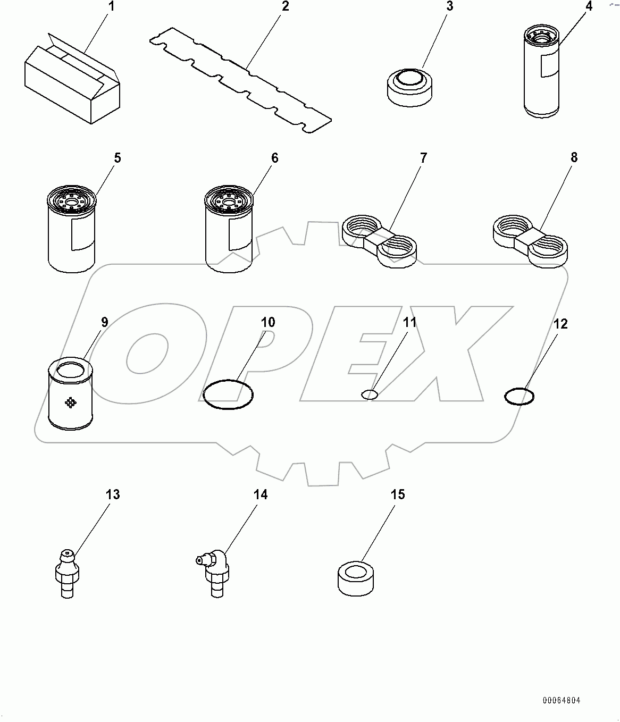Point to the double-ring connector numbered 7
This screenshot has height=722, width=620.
pos(379,241)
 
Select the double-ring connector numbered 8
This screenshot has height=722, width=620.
pos(530,241)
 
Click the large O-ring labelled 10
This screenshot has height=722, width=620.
pos(228,395)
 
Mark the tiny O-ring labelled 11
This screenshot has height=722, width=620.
pos(370,394)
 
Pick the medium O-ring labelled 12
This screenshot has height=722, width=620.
pos(519,397)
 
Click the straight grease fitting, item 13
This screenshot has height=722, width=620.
pos(66,574)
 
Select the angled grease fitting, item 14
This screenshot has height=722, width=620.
pos(215,574)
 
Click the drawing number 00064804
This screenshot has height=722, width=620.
pos(561,701)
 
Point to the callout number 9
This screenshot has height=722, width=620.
pos(104,322)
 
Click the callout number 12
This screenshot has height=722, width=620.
pos(560,324)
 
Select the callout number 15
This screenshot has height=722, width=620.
pos(398,494)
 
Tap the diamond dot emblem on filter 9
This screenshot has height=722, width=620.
pos(70,403)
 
